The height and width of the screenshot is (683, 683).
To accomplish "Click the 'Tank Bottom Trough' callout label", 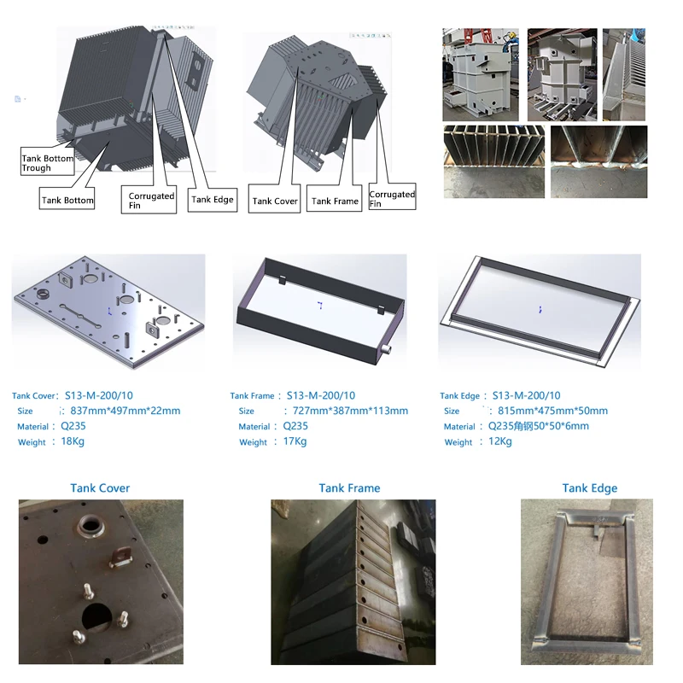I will tap(47, 163).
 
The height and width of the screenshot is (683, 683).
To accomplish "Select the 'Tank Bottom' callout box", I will tap(67, 201).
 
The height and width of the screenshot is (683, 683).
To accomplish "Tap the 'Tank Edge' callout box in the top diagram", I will tap(213, 200).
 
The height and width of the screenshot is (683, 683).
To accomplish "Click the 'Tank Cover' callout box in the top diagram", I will tap(274, 201).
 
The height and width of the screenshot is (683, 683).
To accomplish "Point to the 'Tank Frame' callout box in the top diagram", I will tap(335, 201).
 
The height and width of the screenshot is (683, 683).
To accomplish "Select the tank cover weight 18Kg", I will tap(73, 441).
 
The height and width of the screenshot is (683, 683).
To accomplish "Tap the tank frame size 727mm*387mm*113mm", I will tap(345, 411).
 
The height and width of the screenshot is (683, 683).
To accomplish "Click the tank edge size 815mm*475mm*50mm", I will tap(552, 411).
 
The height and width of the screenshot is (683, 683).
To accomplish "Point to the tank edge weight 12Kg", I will tap(499, 441).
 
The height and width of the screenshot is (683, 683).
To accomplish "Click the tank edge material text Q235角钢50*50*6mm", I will tap(538, 426).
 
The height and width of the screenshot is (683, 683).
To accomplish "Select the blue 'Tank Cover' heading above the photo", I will tap(101, 488).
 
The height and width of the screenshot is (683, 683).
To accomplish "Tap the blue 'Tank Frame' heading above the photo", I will tap(349, 488).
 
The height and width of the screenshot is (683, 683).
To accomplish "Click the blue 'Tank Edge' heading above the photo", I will tap(589, 488).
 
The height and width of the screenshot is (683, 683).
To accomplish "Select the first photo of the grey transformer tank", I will tap(480, 75).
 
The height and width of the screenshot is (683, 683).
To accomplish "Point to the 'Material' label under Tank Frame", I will tap(254, 427).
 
